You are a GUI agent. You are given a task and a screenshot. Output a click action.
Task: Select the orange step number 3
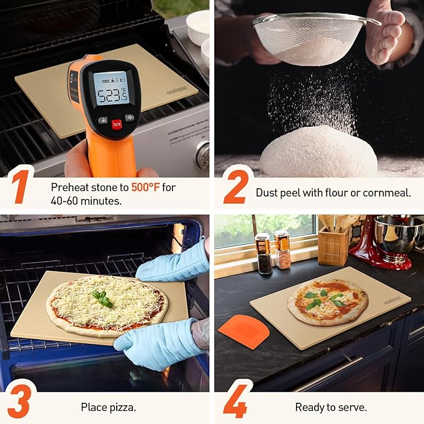19,403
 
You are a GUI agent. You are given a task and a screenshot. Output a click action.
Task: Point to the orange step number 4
235,403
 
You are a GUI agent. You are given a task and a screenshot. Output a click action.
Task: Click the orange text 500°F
145,187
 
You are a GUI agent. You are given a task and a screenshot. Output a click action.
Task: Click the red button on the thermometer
116,124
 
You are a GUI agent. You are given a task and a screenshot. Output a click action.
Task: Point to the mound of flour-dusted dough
318,151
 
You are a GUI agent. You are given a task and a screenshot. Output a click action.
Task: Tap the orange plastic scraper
244,332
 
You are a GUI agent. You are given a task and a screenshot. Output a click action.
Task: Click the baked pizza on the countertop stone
327,302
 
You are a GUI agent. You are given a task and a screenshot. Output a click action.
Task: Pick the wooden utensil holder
333,246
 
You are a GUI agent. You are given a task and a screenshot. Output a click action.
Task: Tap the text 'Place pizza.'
108,408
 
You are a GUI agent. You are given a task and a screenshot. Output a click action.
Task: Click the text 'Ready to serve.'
330,408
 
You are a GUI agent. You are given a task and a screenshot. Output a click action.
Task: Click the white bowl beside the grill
197,28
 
